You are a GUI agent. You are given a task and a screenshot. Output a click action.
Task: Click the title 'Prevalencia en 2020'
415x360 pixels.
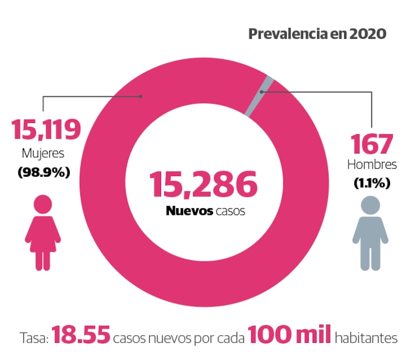coord(317,34)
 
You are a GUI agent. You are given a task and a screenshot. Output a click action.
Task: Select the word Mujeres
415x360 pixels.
coord(43,152)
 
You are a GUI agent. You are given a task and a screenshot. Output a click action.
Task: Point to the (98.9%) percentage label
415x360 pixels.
coord(44,172)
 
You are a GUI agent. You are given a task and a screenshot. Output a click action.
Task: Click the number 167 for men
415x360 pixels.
coord(372,143)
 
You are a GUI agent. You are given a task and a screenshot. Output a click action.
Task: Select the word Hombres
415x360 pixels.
coord(372,164)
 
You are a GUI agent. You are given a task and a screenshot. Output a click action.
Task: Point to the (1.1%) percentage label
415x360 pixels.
coord(372,183)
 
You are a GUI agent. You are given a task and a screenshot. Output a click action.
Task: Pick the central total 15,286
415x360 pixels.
coord(204,185)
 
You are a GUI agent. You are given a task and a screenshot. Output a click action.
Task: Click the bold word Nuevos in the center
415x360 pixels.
coord(188,211)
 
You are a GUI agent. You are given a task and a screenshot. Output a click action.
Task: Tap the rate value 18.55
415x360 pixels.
coord(82,336)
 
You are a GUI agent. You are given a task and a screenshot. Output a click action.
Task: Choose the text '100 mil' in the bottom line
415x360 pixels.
coord(289,336)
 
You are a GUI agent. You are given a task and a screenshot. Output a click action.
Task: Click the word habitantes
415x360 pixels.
coord(365,337)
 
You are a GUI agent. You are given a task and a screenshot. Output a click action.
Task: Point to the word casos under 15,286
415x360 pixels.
coord(230,211)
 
